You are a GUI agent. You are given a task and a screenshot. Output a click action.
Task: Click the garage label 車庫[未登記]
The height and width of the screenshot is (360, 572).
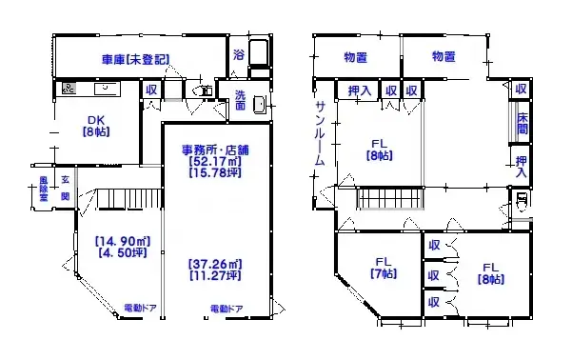tap(135, 59)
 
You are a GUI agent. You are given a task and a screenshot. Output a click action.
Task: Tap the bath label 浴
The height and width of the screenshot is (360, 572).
tap(239, 55)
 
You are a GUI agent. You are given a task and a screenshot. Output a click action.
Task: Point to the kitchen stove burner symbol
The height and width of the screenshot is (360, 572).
tap(69, 90)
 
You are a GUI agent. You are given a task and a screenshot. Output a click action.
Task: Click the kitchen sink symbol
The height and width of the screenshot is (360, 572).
tap(104, 90)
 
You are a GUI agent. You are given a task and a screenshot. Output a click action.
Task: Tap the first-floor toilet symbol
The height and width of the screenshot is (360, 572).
tap(204, 91)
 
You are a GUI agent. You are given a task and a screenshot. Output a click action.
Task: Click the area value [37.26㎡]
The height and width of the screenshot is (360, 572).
tap(215, 264)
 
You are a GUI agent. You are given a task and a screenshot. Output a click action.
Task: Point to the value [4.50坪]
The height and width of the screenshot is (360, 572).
tap(120, 253)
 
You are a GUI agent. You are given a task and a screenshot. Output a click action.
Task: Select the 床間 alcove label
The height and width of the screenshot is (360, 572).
tap(522, 124)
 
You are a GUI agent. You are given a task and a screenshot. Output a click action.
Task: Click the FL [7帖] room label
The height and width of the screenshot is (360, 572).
tap(383, 268)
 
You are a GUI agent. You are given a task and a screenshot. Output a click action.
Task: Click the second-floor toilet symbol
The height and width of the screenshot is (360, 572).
tap(520, 203)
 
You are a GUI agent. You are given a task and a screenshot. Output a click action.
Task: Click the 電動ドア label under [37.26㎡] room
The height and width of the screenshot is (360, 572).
tap(227, 309)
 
